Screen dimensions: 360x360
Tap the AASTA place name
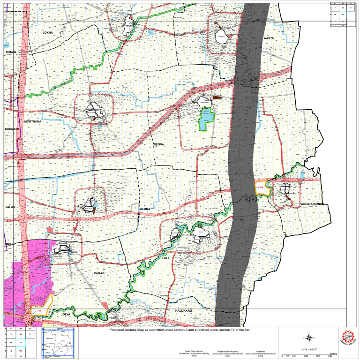(x=269, y=37)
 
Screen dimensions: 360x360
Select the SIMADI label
(x=11, y=52)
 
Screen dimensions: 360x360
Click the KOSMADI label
(x=11, y=128)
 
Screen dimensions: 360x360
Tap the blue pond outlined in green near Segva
(x=205, y=120)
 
